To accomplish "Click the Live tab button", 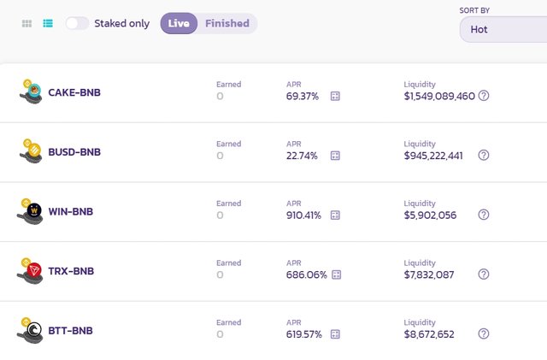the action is coord(179,23).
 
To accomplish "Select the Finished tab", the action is coord(227,23).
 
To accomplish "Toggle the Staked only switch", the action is coord(77,23).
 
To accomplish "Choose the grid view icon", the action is coord(26,23).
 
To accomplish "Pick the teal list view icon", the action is coord(48,23).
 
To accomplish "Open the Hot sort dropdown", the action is coord(503,29).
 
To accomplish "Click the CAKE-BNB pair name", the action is coord(74,92).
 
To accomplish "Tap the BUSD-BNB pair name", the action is coord(74,152).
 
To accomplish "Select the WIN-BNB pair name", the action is coord(71,211).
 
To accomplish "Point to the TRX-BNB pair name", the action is coord(71,271).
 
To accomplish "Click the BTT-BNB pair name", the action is coord(70,331).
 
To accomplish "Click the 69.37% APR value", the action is coord(303,97).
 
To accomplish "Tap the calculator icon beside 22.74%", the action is coord(335,156).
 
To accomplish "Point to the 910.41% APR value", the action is coord(303,215).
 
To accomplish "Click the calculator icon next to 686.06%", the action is coord(337,274).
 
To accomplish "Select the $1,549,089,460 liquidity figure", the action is coord(439,96).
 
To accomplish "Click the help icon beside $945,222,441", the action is coord(484,155).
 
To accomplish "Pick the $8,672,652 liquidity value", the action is coord(429,334).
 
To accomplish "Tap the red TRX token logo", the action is coord(34,270).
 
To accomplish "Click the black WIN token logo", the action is coord(34,210).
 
